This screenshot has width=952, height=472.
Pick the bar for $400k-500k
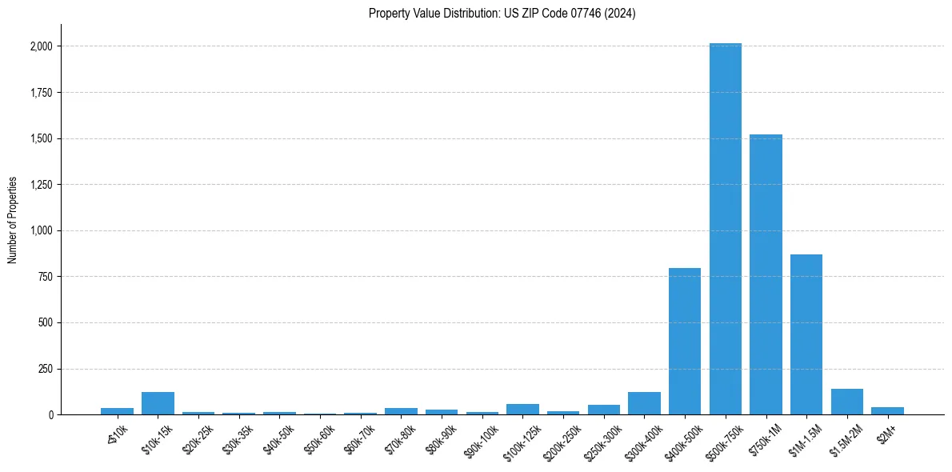tap(685, 342)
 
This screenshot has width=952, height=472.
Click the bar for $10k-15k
tap(158, 403)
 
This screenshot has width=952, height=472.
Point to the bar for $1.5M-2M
tap(846, 402)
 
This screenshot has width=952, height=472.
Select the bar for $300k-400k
tap(644, 403)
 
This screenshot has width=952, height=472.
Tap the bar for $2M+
tap(887, 411)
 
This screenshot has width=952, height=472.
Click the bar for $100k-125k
tap(522, 410)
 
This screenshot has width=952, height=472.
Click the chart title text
tap(502, 14)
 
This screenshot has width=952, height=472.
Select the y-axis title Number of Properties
tap(13, 220)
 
